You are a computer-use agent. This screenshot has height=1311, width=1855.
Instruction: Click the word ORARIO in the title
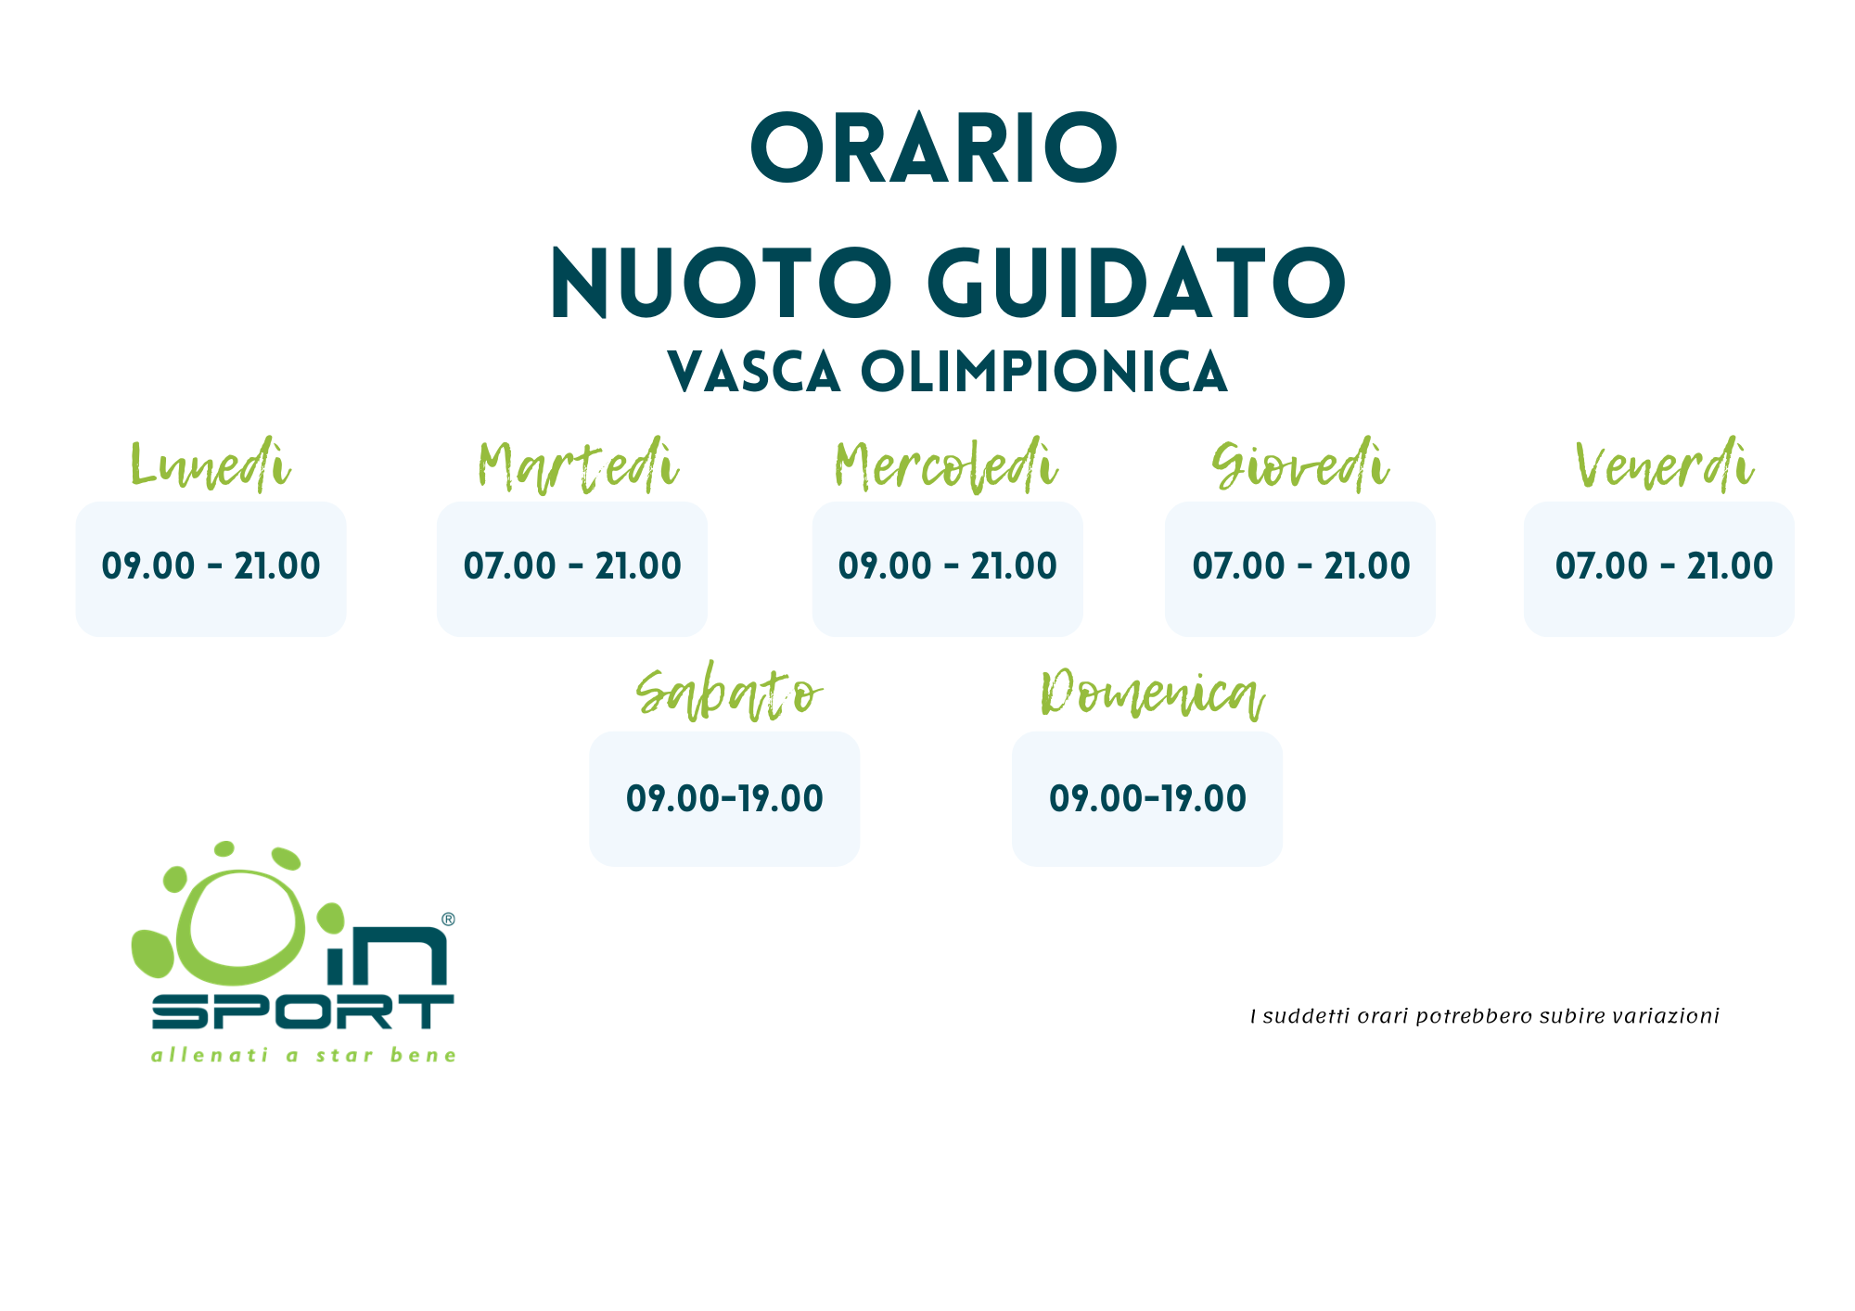point(934,148)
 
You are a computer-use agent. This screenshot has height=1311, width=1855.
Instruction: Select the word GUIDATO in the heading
point(1137,284)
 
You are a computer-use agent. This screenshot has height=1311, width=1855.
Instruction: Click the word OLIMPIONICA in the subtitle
point(1044,373)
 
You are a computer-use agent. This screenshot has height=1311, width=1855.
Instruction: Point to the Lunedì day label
point(211,465)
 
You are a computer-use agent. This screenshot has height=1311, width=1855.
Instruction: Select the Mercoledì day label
point(946,465)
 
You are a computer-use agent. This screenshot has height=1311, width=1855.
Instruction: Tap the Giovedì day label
point(1300,465)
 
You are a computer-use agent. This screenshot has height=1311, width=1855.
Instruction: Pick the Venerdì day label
point(1665,465)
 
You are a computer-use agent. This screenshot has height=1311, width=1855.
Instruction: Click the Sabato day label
point(729,694)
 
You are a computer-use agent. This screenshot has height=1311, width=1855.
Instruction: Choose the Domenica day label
point(1153,694)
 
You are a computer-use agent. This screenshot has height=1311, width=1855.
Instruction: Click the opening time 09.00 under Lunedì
point(148,566)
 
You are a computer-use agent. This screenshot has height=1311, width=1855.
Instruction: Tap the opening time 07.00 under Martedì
point(509,566)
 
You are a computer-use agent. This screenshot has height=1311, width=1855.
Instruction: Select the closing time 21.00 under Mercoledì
point(1014,566)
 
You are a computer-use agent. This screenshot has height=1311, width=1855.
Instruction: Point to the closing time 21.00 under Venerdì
point(1730,566)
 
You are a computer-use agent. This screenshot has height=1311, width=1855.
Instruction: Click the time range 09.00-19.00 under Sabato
point(724,798)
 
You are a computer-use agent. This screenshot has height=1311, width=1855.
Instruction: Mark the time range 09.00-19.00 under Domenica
point(1147,798)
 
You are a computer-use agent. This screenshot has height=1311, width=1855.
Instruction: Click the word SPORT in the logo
point(302,1012)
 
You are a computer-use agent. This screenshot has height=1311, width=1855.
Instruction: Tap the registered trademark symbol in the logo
point(448,919)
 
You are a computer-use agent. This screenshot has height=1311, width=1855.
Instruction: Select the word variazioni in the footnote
point(1666,1016)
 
